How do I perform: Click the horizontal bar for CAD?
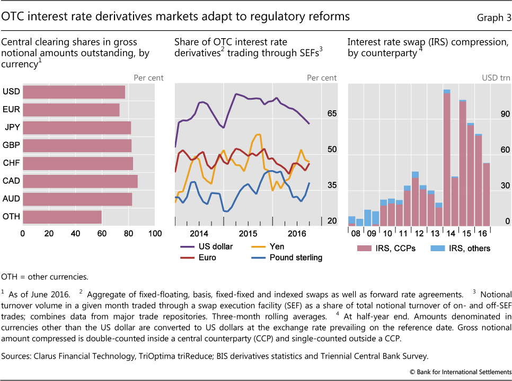coord(80,181)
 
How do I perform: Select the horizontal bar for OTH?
coord(62,217)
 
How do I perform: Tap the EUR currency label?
coord(11,110)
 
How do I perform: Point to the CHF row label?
coord(11,163)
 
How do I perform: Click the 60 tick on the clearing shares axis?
coord(102,233)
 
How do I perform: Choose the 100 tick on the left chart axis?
coord(155,233)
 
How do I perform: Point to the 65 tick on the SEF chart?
coord(332,113)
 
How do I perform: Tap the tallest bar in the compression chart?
coord(446,159)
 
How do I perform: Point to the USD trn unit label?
coord(496,78)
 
